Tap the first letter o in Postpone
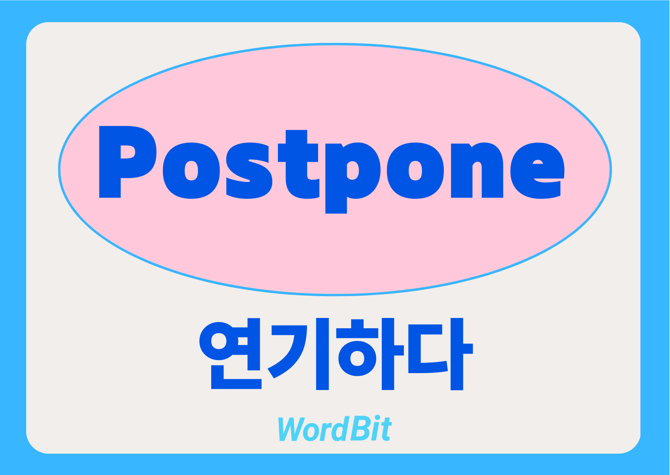(x=191, y=171)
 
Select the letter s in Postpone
(x=249, y=171)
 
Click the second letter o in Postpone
(x=415, y=171)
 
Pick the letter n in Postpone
(x=477, y=170)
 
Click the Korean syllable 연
(x=230, y=354)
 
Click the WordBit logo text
(x=334, y=429)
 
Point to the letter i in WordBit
(x=376, y=429)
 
